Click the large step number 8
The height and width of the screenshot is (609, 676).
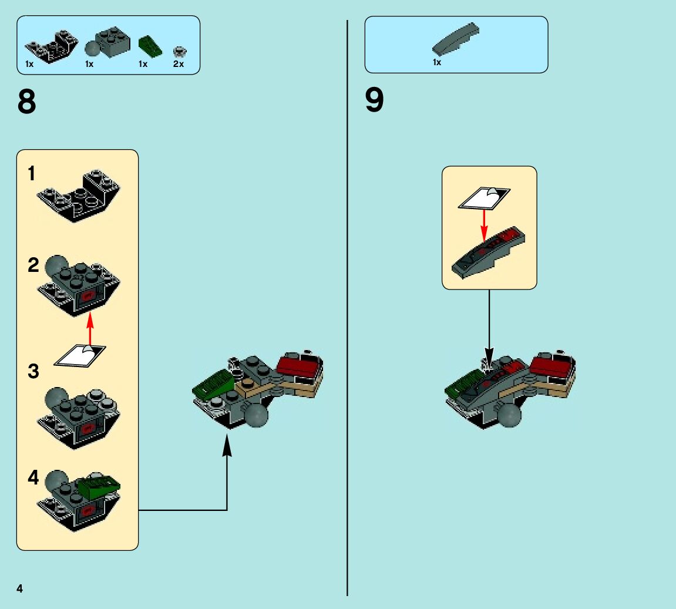click(x=27, y=102)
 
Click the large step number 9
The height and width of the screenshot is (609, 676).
click(x=374, y=100)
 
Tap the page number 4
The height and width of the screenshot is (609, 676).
click(x=20, y=588)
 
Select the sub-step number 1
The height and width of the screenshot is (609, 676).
click(x=32, y=174)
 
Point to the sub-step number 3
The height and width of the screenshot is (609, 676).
click(x=33, y=371)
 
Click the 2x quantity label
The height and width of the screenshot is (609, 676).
click(x=179, y=65)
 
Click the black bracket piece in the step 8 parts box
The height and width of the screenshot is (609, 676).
click(x=52, y=47)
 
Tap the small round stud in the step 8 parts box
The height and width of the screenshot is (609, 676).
click(x=178, y=51)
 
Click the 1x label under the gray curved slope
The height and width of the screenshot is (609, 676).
click(x=437, y=62)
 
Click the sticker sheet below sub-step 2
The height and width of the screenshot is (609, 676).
click(x=80, y=355)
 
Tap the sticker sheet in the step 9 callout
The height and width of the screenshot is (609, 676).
click(x=485, y=198)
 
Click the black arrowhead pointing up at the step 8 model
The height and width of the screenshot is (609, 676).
click(x=227, y=448)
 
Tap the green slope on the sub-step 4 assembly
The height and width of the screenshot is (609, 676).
click(x=99, y=485)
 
